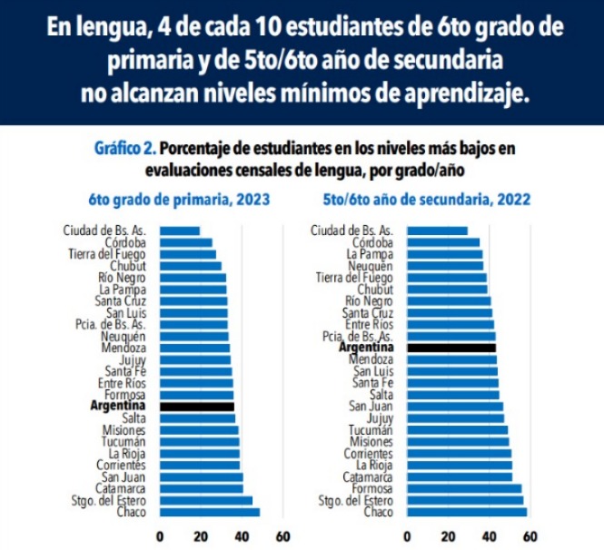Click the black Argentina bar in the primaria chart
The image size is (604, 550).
click(196, 407)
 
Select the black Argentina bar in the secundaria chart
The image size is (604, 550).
click(451, 348)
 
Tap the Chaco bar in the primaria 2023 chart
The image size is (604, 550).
click(209, 512)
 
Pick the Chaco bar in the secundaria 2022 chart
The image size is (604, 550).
click(466, 512)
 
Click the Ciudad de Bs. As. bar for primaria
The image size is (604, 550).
click(179, 231)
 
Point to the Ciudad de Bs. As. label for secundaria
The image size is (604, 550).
click(352, 231)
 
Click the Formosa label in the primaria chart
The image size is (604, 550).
click(125, 395)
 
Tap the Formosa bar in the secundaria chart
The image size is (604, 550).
click(463, 488)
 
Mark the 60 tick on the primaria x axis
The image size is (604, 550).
click(282, 535)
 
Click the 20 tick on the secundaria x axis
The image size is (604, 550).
click(448, 535)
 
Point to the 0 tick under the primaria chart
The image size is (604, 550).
click(161, 535)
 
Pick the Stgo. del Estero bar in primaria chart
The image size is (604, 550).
click(205, 500)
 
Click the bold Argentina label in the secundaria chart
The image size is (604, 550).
click(366, 348)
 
